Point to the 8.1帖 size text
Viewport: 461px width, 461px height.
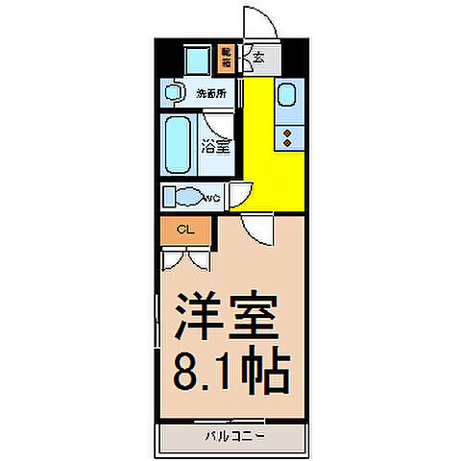pos(231,370)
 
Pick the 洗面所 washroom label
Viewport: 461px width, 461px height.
pos(212,94)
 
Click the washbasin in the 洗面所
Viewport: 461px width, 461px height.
pos(174,94)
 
